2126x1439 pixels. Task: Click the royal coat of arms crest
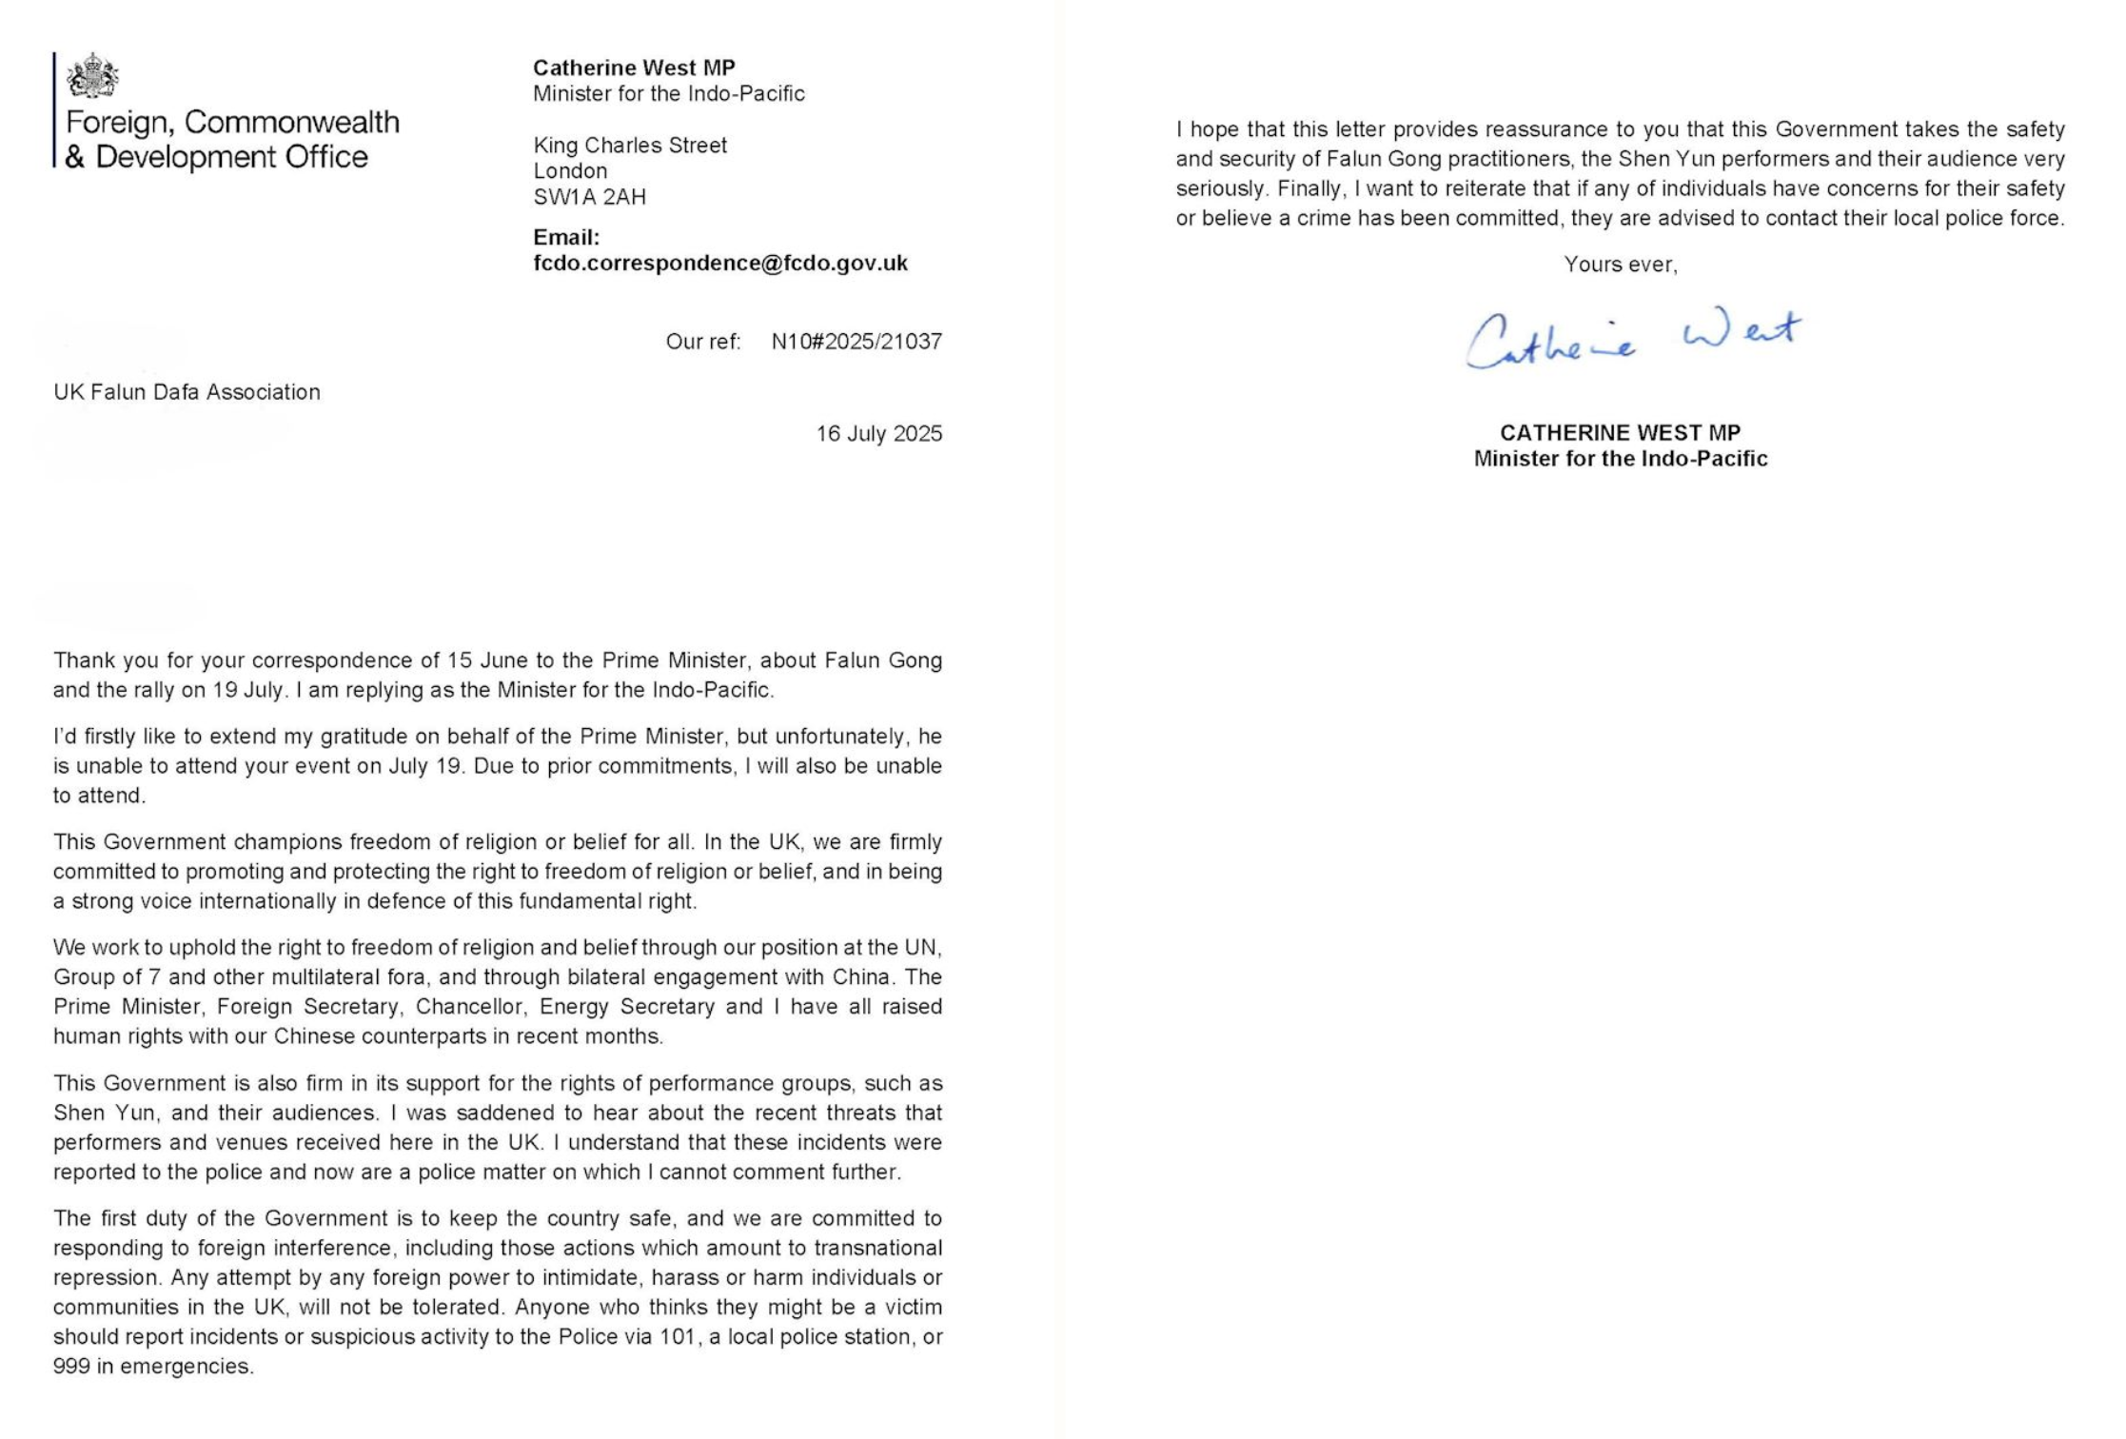pos(91,76)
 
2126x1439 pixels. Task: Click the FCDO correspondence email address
pos(720,264)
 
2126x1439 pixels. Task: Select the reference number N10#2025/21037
pos(856,342)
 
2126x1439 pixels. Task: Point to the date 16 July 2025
pos(878,434)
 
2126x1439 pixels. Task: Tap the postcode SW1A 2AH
pos(589,197)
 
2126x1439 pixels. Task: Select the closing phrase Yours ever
pos(1620,265)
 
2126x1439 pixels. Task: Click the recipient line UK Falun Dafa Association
pos(187,392)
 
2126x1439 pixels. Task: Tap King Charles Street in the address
pos(630,146)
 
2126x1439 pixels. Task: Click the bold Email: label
pos(566,238)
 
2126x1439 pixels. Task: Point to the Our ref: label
pos(703,342)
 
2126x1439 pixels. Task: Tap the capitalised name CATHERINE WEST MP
pos(1620,433)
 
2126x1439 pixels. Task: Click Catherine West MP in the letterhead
pos(634,68)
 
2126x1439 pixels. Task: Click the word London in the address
pos(570,171)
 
